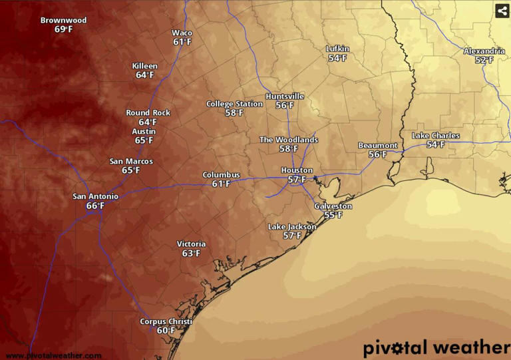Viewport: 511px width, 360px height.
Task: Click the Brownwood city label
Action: [63, 20]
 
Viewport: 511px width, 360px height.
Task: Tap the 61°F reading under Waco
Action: [182, 42]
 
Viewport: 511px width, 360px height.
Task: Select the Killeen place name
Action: [145, 66]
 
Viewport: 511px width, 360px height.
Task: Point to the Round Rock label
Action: [148, 112]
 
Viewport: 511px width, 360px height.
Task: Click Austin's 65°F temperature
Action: [144, 140]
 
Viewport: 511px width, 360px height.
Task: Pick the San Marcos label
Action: [131, 161]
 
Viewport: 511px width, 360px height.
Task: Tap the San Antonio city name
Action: [95, 196]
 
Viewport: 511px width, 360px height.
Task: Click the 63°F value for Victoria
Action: [191, 254]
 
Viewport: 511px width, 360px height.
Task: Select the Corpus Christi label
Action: [166, 321]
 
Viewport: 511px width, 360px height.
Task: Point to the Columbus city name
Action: [221, 174]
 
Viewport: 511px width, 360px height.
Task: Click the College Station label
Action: [234, 104]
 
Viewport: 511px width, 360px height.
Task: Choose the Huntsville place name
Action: [285, 96]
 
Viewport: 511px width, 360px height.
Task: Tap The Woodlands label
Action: [288, 140]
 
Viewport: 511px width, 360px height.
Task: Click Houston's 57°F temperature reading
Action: [297, 180]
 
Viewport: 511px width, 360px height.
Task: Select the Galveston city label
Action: [333, 206]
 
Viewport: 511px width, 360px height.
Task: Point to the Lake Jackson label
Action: [292, 227]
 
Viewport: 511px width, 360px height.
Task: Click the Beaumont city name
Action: [377, 145]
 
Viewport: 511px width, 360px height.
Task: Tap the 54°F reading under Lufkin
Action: [337, 59]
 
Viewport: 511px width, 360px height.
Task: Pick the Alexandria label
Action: [484, 51]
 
